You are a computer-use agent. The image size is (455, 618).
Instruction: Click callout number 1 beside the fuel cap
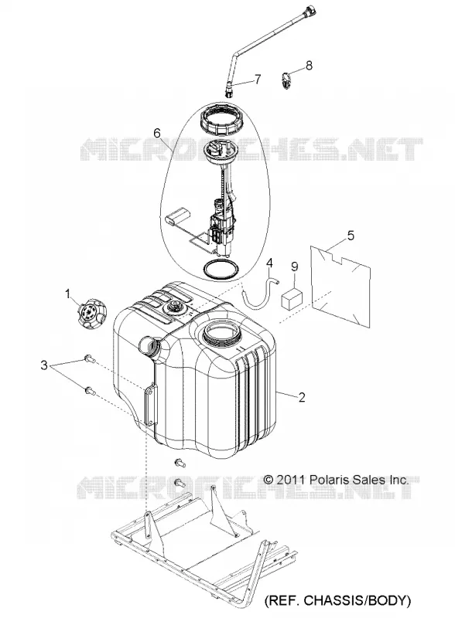point(67,294)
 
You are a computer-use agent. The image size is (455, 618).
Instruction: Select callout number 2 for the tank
point(302,397)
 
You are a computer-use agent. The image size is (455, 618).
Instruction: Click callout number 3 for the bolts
point(44,365)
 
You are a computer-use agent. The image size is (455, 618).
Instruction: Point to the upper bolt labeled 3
point(89,359)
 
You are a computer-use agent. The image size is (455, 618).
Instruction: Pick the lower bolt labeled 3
point(89,391)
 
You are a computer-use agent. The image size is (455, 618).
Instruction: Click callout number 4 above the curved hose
point(269,263)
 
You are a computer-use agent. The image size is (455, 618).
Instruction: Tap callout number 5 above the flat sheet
point(351,236)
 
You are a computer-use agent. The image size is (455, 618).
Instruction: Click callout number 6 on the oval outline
point(157,133)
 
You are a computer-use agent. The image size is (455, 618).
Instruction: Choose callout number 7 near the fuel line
point(257,79)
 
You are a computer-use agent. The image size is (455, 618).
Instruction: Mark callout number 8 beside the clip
point(309,65)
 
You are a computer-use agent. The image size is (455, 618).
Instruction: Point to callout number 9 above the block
point(294,267)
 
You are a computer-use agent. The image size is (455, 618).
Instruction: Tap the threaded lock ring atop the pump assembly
point(220,118)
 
